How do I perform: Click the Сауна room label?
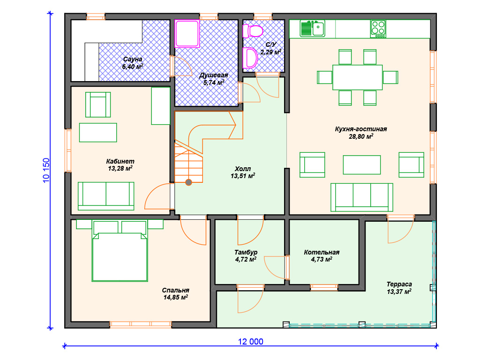[133, 59]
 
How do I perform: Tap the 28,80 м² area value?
[361, 136]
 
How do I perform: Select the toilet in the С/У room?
[253, 31]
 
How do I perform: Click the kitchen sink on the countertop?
[312, 29]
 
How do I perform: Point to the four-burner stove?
[378, 29]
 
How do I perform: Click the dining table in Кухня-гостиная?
[358, 77]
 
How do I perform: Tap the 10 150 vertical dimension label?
[46, 171]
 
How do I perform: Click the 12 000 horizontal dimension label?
[251, 342]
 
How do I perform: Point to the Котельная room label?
[322, 252]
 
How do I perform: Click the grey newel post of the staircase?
[188, 182]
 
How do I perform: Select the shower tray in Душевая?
[187, 33]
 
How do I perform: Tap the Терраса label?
[399, 284]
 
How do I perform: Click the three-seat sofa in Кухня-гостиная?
[361, 197]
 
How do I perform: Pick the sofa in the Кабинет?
[106, 196]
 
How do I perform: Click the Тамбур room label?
[246, 252]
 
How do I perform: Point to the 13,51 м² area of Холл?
[243, 176]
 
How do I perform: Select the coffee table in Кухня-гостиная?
[361, 165]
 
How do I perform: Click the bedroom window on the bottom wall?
[141, 324]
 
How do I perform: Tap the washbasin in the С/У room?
[250, 58]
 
